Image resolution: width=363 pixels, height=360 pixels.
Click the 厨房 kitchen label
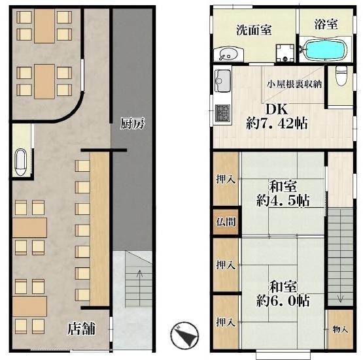pos(132,123)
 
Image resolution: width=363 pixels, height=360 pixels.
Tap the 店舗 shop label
pos(81,329)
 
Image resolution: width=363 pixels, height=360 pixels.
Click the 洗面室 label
pos(254,30)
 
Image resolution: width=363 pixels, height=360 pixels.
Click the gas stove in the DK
pos(223,113)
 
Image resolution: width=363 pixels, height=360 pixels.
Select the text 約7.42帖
pos(277,123)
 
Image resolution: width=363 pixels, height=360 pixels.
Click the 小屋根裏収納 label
pos(294,84)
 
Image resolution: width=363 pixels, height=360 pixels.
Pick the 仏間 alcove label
pos(226,221)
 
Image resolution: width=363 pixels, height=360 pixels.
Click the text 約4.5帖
pos(283,200)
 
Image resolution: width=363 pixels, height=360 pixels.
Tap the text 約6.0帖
pos(283,301)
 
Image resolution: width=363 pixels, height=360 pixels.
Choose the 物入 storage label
pos(340,329)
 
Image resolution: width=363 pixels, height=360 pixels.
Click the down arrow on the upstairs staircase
pos(340,299)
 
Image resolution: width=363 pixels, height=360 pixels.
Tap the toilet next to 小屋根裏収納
pos(341,76)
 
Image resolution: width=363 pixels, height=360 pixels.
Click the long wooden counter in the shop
pos(99,229)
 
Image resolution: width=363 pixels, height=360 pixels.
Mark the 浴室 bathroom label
pos(326,24)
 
